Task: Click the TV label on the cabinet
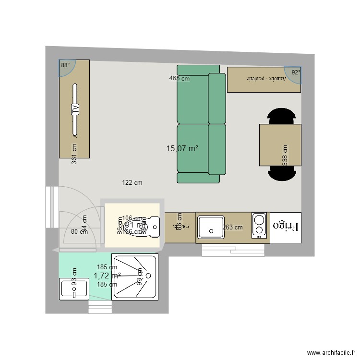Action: click(x=75, y=109)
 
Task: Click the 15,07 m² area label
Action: click(x=182, y=149)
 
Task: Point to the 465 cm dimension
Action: click(x=179, y=78)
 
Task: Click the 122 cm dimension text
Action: click(x=132, y=182)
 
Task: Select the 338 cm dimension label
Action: click(x=285, y=155)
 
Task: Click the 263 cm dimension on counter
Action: click(x=233, y=228)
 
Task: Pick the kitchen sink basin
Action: click(x=210, y=227)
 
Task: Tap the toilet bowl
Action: click(x=146, y=226)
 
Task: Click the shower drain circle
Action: click(x=148, y=276)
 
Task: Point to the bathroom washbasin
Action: click(x=73, y=290)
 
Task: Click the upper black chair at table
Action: click(x=280, y=117)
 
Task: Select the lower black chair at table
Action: click(x=280, y=172)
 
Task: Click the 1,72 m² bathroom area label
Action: click(x=107, y=276)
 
